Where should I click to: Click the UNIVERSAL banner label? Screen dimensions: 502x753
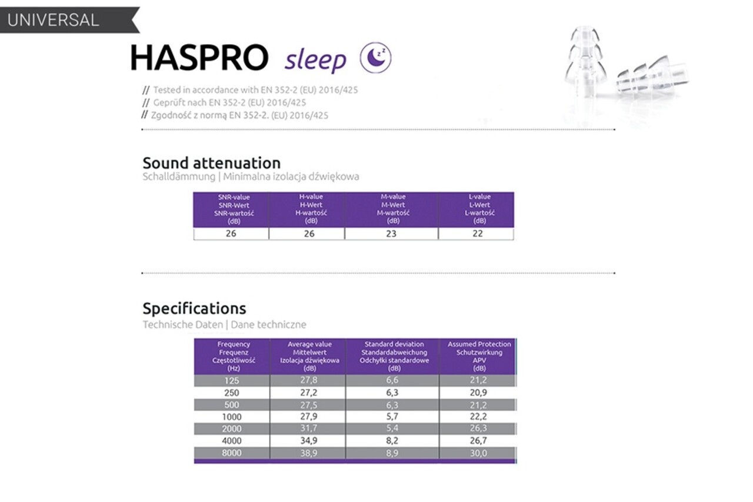click(x=53, y=19)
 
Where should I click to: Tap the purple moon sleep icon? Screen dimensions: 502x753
click(x=375, y=58)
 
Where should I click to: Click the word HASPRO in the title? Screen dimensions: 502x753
click(x=199, y=58)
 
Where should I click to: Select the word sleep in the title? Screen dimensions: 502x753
click(x=315, y=60)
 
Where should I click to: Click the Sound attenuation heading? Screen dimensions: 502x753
click(x=211, y=162)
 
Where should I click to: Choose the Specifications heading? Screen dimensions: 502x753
click(x=194, y=308)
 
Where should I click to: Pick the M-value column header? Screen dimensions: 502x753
click(x=393, y=209)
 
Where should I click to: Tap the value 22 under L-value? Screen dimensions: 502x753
click(x=478, y=234)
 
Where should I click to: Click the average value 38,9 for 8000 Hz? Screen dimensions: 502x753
click(x=309, y=453)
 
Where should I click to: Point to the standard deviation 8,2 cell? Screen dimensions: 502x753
click(x=392, y=441)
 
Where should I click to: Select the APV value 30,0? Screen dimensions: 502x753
click(x=478, y=453)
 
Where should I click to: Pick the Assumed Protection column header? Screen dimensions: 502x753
click(x=479, y=356)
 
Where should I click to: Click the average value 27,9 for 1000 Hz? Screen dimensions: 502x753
click(x=309, y=417)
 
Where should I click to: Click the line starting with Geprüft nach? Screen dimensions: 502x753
click(x=229, y=102)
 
